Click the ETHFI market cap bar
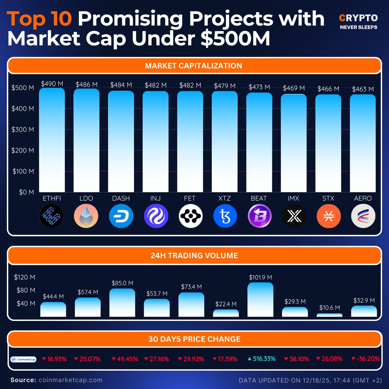pos(52,140)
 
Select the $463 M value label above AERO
pos(363,89)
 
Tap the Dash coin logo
pos(121,216)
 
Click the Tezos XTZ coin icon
pos(225,216)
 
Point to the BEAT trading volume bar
pos(260,300)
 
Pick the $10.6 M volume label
pos(329,308)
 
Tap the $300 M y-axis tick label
pos(22,129)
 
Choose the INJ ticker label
pos(156,198)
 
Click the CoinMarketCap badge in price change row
pos(23,359)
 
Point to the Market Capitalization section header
pos(194,66)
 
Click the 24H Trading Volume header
pos(194,256)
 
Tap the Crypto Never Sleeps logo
pos(358,22)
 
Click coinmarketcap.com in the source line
pos(70,380)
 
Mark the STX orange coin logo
pos(328,216)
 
